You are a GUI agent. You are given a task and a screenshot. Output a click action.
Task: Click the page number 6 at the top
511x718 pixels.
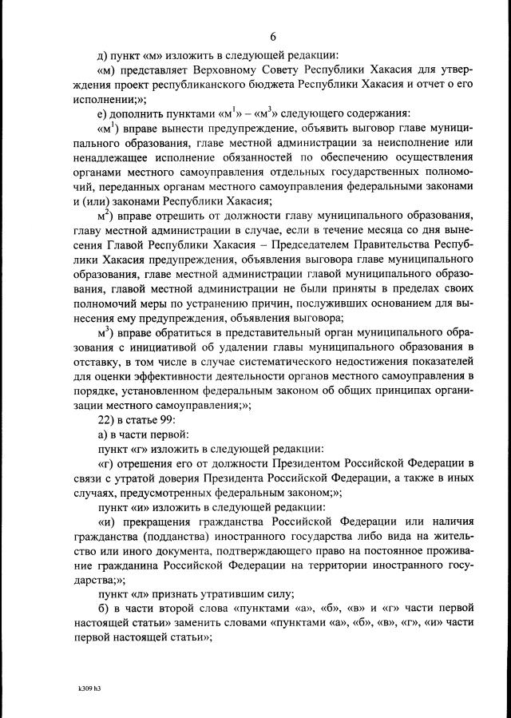point(272,37)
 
